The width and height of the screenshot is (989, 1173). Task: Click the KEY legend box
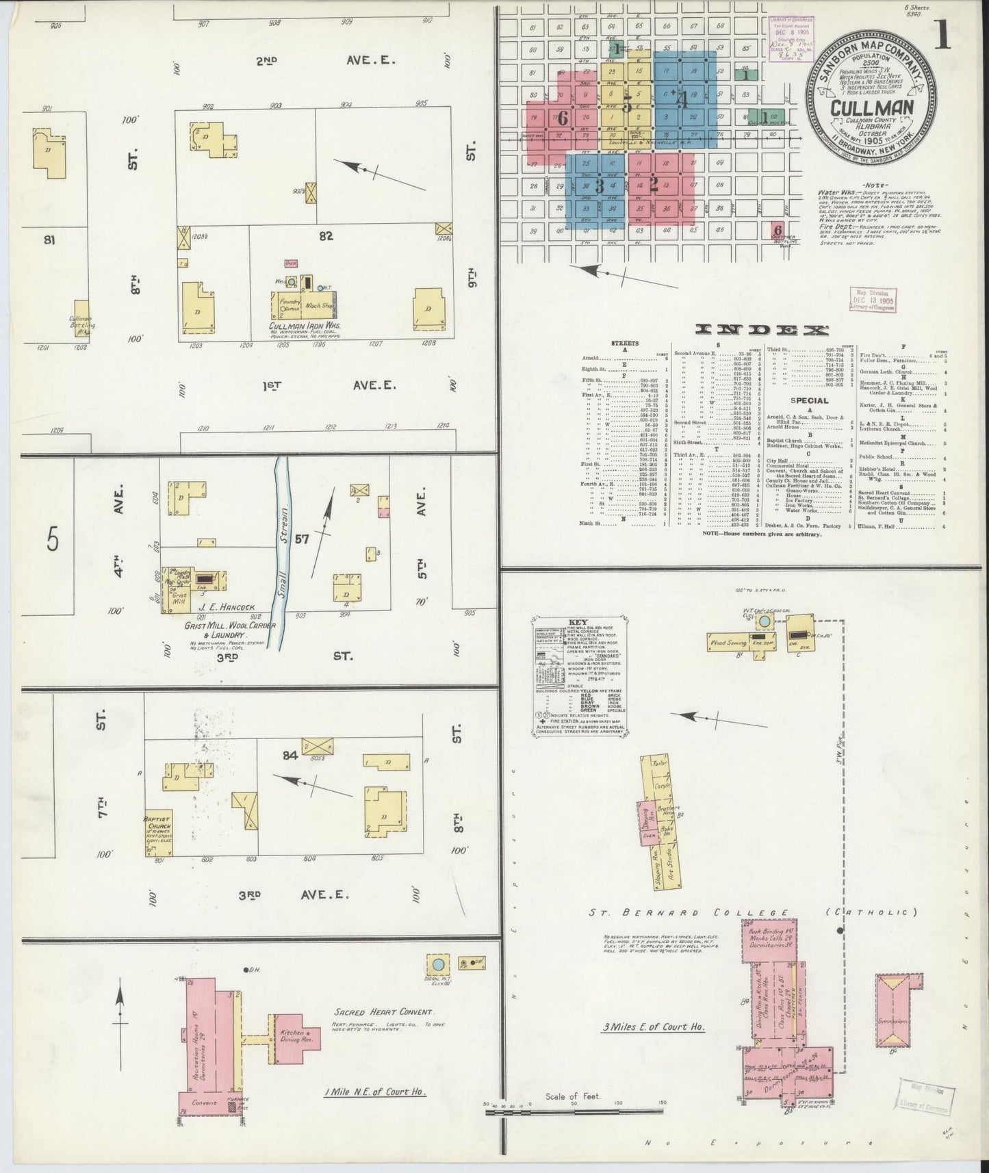pyautogui.click(x=578, y=678)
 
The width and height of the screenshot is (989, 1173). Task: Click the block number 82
pyautogui.click(x=326, y=236)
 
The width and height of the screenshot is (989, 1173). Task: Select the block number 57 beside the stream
pyautogui.click(x=301, y=539)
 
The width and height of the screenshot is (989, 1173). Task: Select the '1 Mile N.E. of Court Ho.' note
pyautogui.click(x=375, y=1092)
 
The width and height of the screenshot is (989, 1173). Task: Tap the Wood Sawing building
pyautogui.click(x=728, y=643)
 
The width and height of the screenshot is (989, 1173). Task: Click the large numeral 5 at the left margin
pyautogui.click(x=53, y=541)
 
